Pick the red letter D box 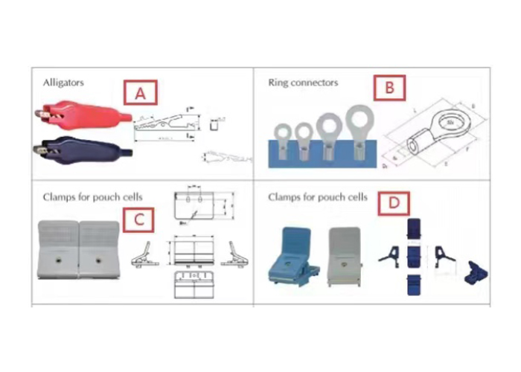coord(394,202)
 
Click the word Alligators coord(63,82)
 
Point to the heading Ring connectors coord(302,82)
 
